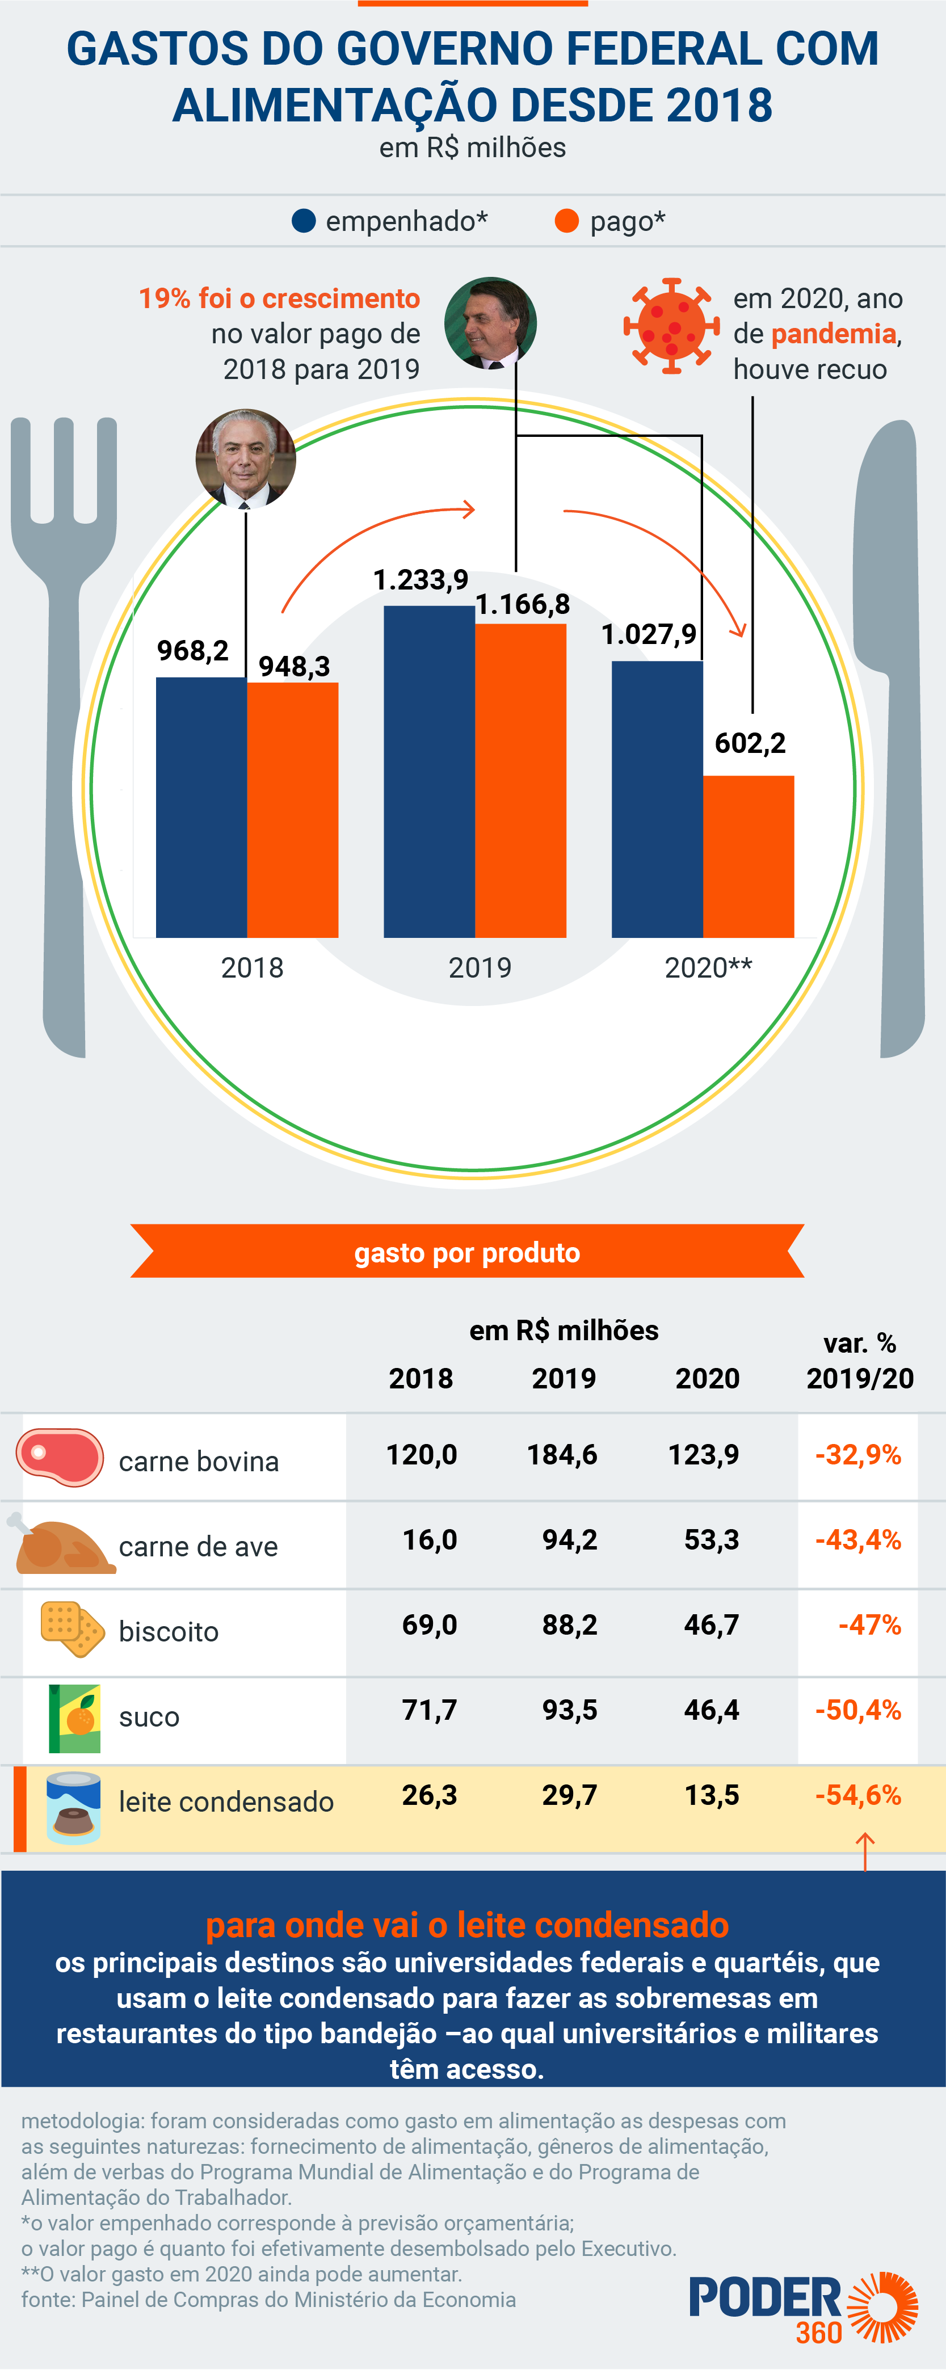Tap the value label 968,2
click(192, 650)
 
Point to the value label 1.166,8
click(522, 604)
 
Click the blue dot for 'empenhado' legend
click(304, 221)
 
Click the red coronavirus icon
click(671, 326)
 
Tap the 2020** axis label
click(708, 968)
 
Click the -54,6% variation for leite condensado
click(857, 1795)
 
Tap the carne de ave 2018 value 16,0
click(429, 1539)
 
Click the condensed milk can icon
click(74, 1808)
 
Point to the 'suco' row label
click(149, 1717)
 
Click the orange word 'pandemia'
click(833, 334)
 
